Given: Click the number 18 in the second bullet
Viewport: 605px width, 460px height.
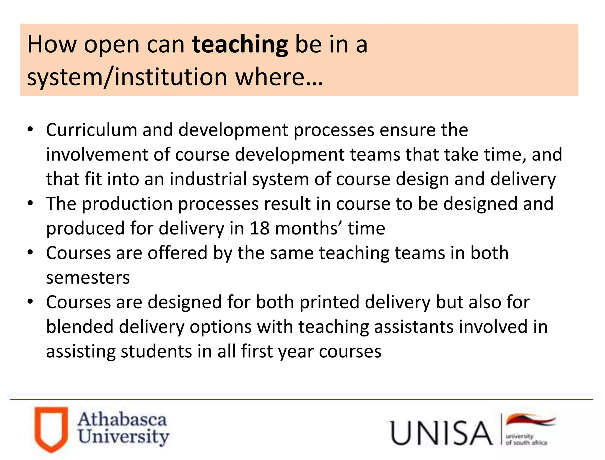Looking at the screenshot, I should (x=259, y=228).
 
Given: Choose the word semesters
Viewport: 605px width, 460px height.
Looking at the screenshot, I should (x=88, y=278).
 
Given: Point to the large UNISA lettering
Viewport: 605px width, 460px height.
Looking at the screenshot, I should (x=441, y=433).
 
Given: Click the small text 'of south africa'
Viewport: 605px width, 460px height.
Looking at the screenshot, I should (x=526, y=443).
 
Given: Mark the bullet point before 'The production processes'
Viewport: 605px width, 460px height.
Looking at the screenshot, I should (x=30, y=203).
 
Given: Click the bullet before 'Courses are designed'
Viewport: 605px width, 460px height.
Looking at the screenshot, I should (x=30, y=302).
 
